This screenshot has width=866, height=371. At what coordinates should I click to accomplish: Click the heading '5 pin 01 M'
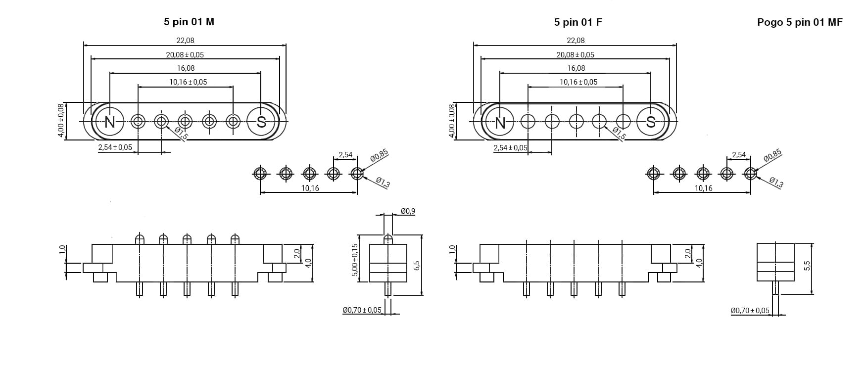(189, 22)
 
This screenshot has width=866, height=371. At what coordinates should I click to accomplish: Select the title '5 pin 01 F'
(578, 22)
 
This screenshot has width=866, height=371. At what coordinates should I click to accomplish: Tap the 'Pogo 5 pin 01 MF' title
(800, 22)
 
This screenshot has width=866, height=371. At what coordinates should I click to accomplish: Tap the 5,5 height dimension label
(807, 266)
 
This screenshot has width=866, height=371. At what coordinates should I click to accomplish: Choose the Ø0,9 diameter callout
(408, 211)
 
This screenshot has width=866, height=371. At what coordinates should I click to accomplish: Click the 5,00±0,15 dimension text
(354, 260)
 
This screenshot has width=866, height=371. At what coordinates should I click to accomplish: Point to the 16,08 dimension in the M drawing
(186, 68)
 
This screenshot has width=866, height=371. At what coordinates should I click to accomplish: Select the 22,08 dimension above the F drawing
(576, 41)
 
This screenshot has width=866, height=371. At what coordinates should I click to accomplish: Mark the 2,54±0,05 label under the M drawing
(115, 147)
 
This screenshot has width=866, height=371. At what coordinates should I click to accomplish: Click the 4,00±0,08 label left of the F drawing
(451, 121)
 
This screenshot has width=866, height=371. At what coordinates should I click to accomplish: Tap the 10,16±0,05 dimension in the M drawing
(188, 82)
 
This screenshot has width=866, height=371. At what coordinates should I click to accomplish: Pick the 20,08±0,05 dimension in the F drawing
(576, 55)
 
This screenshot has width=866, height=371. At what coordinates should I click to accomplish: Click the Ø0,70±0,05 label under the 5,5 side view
(750, 311)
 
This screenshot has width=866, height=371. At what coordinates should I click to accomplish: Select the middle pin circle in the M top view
(186, 122)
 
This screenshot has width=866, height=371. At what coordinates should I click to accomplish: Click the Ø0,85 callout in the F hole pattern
(772, 155)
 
